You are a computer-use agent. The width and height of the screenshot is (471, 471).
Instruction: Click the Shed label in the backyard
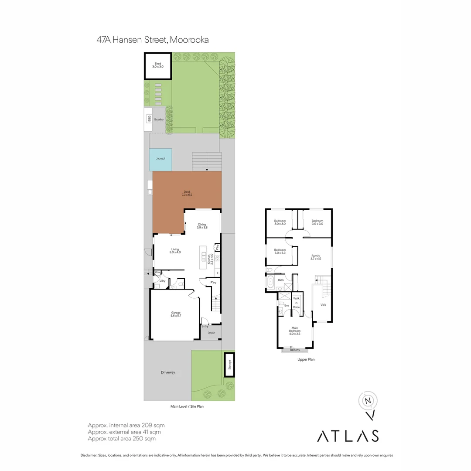click(x=157, y=65)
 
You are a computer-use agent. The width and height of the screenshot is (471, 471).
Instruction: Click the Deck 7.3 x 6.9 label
click(x=187, y=193)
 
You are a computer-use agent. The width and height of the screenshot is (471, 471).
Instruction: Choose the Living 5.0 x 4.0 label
click(x=175, y=251)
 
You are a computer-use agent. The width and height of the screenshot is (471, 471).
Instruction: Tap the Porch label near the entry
click(x=211, y=333)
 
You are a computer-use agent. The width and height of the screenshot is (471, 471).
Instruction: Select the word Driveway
click(x=168, y=372)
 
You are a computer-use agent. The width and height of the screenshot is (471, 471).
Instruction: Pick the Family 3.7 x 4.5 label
click(x=316, y=257)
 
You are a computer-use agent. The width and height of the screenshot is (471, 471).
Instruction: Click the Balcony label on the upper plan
click(x=295, y=350)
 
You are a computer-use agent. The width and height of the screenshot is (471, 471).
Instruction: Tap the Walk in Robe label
click(x=297, y=303)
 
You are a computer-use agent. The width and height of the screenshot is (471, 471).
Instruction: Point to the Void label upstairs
click(x=323, y=304)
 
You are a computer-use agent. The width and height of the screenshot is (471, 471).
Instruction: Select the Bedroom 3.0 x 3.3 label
click(x=280, y=251)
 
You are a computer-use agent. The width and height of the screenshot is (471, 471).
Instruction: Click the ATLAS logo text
click(x=347, y=436)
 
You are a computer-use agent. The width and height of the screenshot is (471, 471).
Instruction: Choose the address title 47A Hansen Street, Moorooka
click(x=153, y=40)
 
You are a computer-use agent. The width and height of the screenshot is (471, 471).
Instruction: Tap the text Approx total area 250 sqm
click(x=122, y=439)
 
